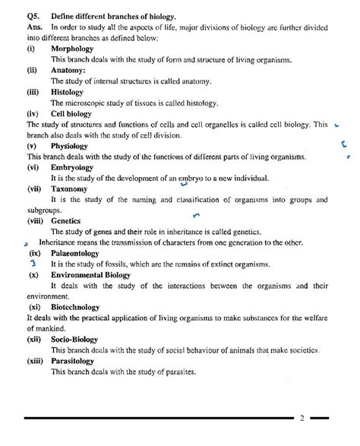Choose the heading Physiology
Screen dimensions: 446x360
coord(72,145)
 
